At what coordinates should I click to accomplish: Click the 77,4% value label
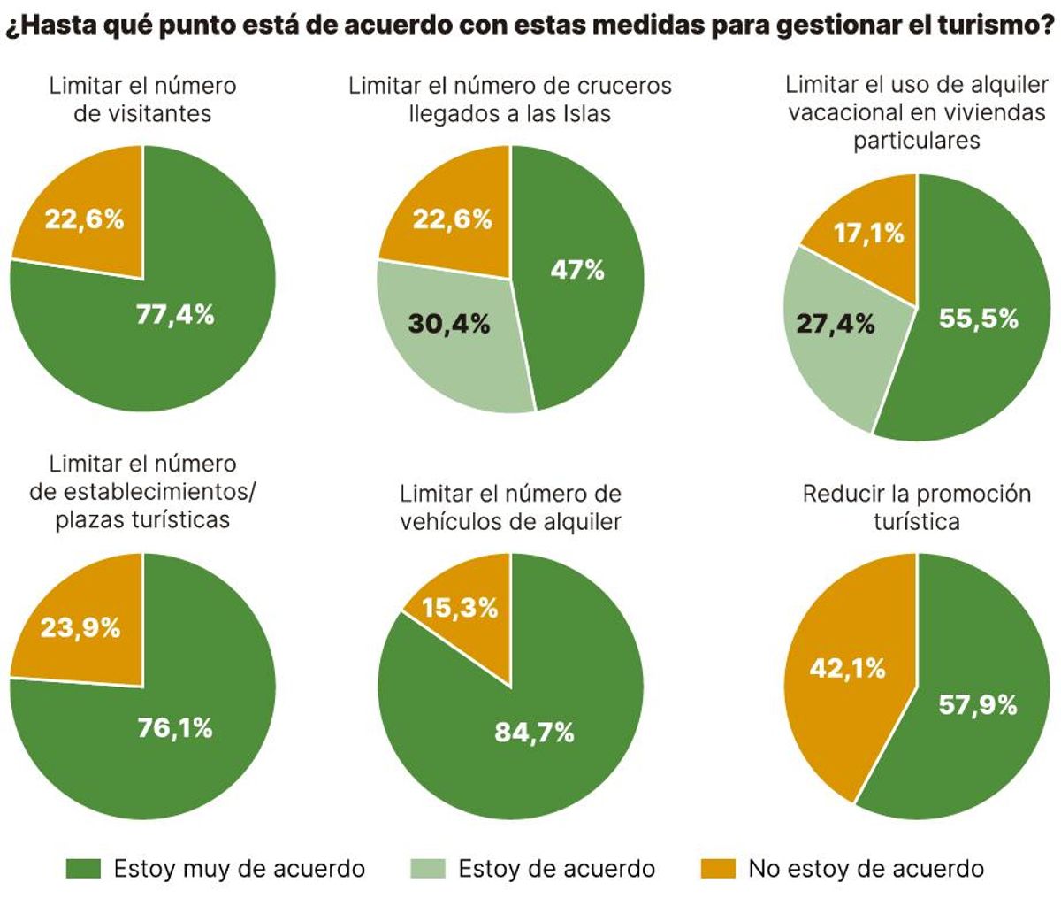(x=175, y=314)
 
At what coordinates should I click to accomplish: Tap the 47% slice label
(x=577, y=271)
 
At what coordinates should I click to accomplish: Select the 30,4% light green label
(x=449, y=324)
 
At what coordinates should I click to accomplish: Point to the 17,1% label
(x=869, y=234)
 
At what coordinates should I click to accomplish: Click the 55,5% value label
(x=978, y=319)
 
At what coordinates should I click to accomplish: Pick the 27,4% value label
(x=835, y=324)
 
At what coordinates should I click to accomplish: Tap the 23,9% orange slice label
(x=81, y=628)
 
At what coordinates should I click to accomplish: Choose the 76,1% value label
(x=175, y=728)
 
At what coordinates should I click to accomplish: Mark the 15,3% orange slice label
(x=459, y=609)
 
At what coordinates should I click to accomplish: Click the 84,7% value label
(x=534, y=733)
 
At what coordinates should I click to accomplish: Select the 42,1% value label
(x=847, y=668)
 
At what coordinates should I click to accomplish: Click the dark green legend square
(x=83, y=869)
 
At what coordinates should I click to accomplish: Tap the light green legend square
(x=428, y=869)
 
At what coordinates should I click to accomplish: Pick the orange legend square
(x=719, y=869)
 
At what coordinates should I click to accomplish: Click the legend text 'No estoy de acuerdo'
(x=866, y=869)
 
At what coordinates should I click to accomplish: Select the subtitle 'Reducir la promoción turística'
(x=917, y=507)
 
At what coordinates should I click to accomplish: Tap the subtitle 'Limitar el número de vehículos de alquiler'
(x=511, y=507)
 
